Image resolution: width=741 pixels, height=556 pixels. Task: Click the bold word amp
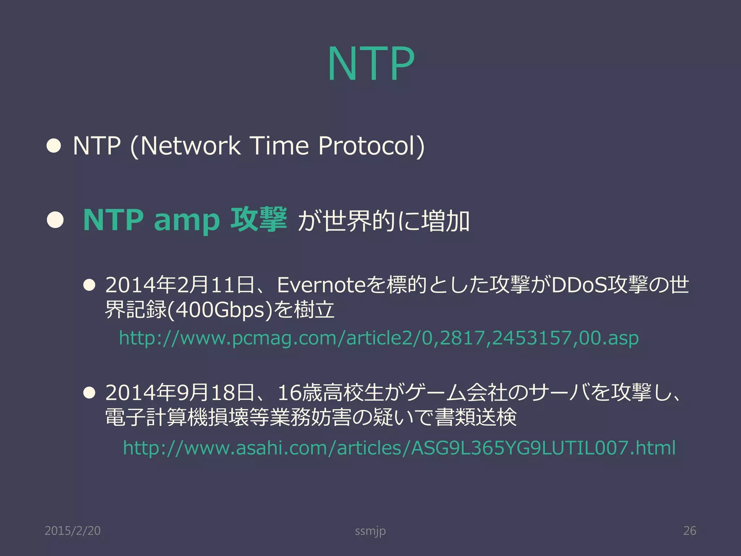pyautogui.click(x=187, y=220)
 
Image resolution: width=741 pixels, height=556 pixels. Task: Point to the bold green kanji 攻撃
pyautogui.click(x=258, y=219)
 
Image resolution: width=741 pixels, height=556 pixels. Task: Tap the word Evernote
pyautogui.click(x=322, y=285)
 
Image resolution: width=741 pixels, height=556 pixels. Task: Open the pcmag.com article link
pyautogui.click(x=378, y=338)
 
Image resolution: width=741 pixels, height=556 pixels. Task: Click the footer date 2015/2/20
pyautogui.click(x=72, y=531)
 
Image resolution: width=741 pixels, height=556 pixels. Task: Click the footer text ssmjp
pyautogui.click(x=370, y=531)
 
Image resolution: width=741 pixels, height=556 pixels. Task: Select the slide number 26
pyautogui.click(x=689, y=531)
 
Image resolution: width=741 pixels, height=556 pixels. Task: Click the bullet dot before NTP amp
pyautogui.click(x=55, y=220)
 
